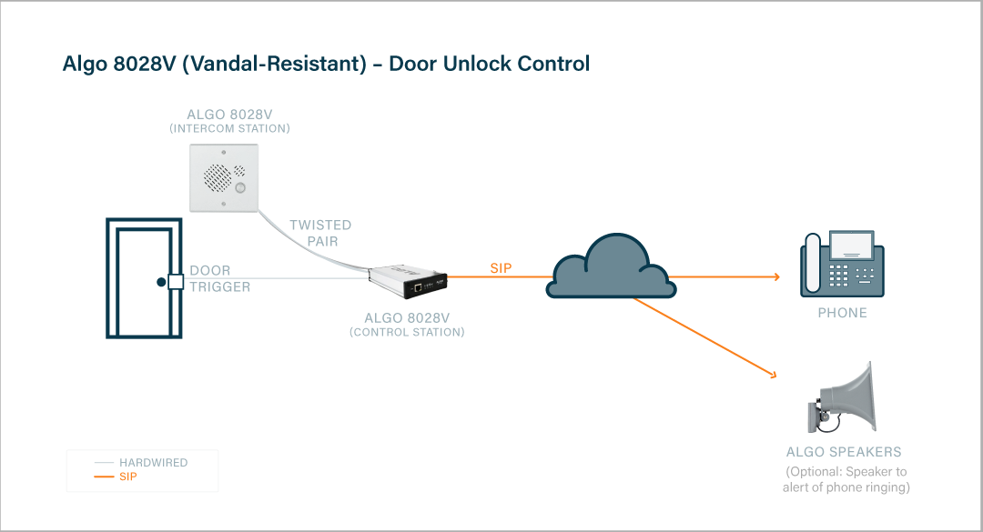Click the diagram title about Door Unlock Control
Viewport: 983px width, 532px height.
click(326, 65)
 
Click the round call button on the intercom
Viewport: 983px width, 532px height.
click(240, 188)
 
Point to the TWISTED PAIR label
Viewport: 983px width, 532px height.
click(320, 233)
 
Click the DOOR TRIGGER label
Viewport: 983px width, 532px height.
click(219, 279)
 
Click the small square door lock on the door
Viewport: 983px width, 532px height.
click(175, 282)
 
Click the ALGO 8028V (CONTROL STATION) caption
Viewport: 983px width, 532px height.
click(407, 325)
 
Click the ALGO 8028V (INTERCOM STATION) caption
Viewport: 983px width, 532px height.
click(229, 121)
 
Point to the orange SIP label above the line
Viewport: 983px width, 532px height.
click(502, 268)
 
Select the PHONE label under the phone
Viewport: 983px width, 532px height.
click(842, 313)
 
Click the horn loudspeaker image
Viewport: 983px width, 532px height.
click(842, 400)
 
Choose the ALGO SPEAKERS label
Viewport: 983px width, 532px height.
click(844, 452)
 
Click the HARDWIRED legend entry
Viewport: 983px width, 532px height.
click(153, 463)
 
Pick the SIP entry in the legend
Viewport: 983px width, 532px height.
click(127, 477)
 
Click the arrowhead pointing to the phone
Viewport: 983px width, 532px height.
click(775, 276)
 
